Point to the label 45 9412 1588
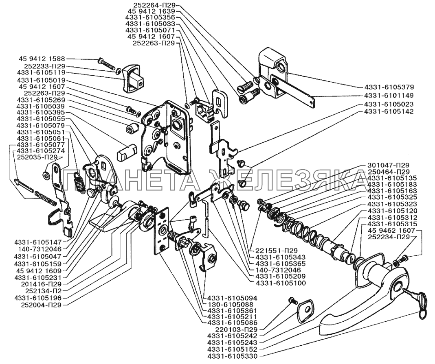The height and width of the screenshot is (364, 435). [x=42, y=59]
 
